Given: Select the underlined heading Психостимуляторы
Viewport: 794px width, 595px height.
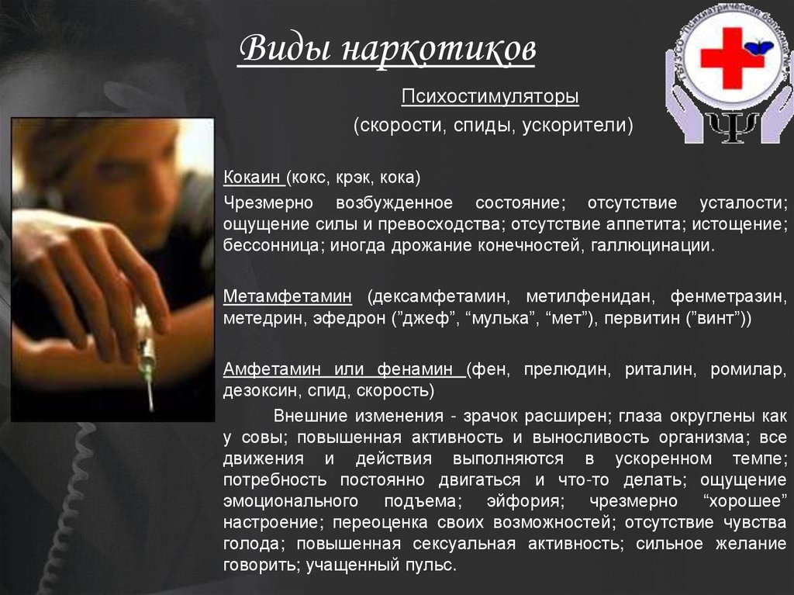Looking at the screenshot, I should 491,98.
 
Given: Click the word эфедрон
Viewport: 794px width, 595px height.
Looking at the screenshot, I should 353,320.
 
